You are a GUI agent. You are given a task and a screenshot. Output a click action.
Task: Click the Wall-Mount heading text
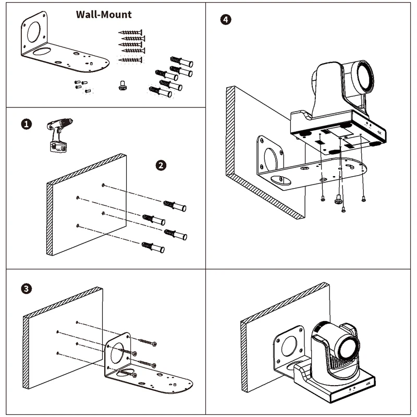coord(104,14)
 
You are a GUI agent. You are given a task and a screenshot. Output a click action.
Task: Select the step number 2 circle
coord(161,165)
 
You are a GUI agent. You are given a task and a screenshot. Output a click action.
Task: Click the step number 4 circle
coord(225,20)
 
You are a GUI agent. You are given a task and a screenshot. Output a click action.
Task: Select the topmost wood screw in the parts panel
coord(131,32)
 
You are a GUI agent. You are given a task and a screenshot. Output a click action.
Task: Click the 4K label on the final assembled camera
coord(369,383)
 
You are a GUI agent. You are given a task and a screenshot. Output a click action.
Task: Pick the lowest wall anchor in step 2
coord(153,245)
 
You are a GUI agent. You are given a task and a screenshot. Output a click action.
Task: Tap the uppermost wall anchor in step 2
coord(175,205)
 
